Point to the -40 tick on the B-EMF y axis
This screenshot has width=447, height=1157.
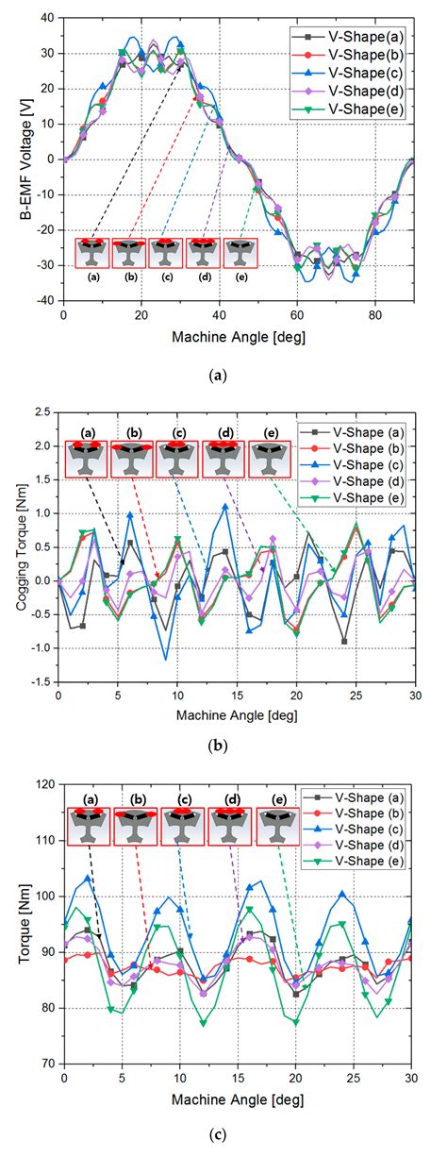click(43, 301)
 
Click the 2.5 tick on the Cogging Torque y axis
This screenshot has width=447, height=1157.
click(41, 411)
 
